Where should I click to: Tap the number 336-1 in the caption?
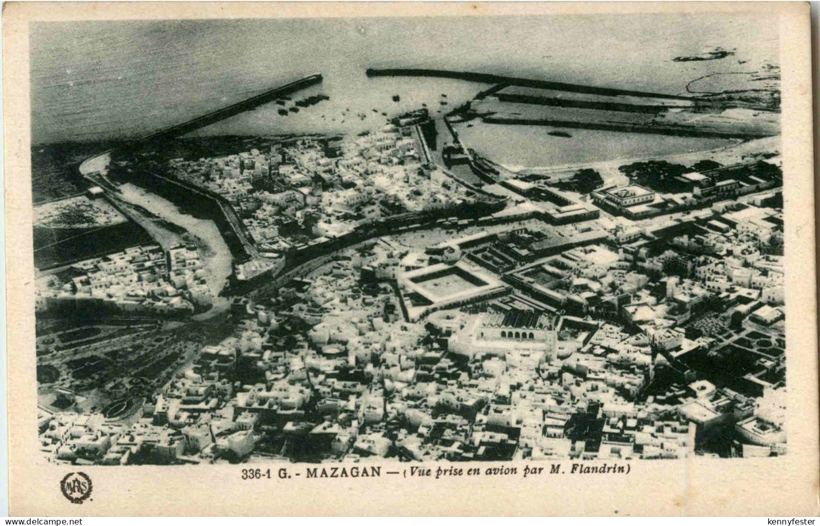coord(256,473)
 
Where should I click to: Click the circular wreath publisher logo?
coord(76,487)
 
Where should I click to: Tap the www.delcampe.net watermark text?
coord(41,521)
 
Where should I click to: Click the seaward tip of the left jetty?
coord(318,77)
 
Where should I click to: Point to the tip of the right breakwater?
coord(370,72)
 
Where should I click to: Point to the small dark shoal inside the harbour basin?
coord(559,134)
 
